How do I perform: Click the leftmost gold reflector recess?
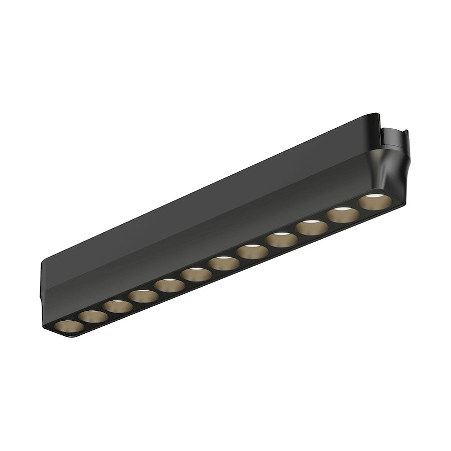click(x=66, y=326)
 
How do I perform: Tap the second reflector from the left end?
click(x=92, y=316)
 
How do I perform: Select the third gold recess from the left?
click(x=118, y=306)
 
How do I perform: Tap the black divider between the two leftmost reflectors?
click(x=79, y=321)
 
